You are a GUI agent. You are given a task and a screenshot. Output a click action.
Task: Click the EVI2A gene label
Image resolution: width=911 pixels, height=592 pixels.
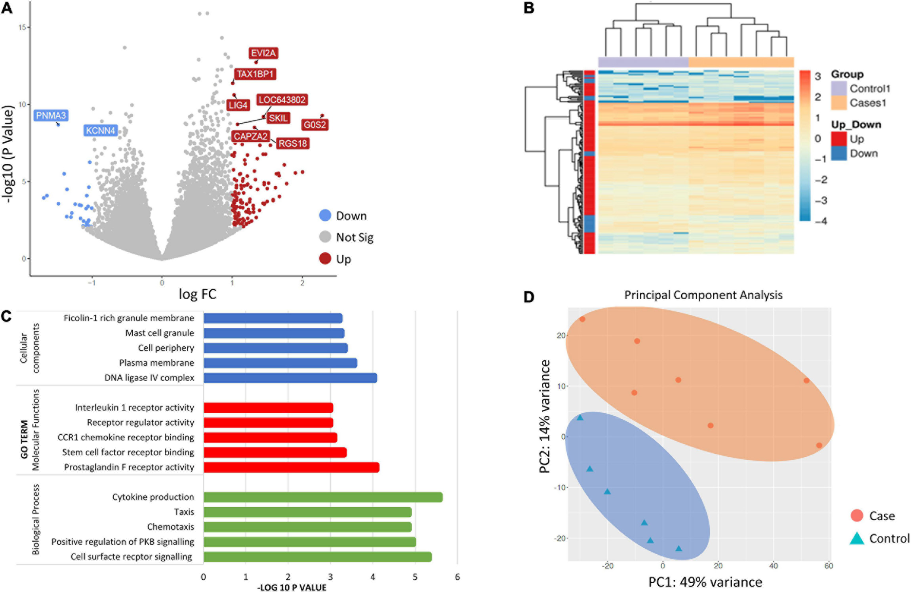click(x=263, y=53)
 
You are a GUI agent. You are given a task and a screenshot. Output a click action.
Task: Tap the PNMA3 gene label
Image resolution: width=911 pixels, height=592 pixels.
click(x=51, y=115)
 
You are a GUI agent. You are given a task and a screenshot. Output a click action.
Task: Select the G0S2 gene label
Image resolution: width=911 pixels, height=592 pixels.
click(x=315, y=125)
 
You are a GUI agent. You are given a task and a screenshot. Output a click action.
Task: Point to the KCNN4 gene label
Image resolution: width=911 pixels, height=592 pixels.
click(x=100, y=130)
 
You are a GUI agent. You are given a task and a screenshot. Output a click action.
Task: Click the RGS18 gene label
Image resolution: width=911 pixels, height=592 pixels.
click(x=292, y=143)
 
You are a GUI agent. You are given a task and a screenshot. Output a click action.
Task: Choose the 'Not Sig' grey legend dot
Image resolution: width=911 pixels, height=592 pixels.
click(x=325, y=237)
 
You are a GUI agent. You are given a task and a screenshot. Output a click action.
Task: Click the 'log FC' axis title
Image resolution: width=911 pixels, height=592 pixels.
click(x=197, y=294)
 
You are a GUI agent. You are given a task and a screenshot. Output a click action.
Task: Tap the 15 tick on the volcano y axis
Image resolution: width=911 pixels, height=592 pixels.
click(x=22, y=27)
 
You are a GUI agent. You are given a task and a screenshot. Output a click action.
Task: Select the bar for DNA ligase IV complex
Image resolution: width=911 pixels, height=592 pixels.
click(x=290, y=378)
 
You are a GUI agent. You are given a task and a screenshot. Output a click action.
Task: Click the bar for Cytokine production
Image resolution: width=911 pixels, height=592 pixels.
click(x=323, y=497)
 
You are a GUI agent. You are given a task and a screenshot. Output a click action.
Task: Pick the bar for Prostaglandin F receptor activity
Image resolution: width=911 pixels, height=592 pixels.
click(x=291, y=467)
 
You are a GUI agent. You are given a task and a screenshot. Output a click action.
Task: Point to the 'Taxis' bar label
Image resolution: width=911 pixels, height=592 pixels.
click(x=184, y=512)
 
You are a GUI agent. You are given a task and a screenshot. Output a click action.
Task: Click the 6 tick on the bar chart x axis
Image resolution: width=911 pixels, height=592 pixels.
click(x=457, y=577)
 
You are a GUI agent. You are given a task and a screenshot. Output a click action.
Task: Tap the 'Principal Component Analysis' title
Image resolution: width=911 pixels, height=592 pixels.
click(x=703, y=295)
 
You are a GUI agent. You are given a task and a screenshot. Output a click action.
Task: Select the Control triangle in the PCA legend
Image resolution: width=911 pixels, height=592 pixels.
click(x=856, y=538)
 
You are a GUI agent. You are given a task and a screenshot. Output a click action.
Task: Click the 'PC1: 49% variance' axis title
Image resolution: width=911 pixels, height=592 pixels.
click(x=705, y=582)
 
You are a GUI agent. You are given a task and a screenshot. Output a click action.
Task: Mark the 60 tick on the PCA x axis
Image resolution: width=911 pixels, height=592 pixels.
click(x=829, y=566)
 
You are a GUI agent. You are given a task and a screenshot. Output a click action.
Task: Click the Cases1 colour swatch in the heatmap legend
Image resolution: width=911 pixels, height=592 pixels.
click(x=839, y=103)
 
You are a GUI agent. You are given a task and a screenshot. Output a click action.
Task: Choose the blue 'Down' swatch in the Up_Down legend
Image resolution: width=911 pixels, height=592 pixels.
click(x=839, y=153)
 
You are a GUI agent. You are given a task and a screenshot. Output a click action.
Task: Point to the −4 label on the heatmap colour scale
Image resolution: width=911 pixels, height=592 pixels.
click(x=821, y=221)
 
